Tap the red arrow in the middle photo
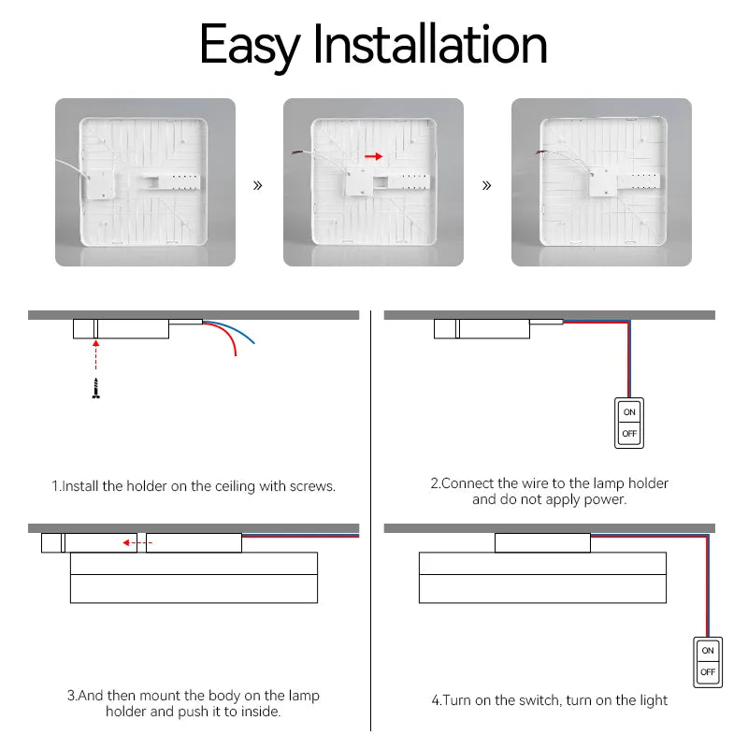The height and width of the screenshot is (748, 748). [x=373, y=157]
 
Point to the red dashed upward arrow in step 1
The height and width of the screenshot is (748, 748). [x=95, y=360]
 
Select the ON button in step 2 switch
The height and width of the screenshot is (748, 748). [x=629, y=411]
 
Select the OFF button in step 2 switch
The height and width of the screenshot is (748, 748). [x=629, y=434]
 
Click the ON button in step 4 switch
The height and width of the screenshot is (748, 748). [x=708, y=650]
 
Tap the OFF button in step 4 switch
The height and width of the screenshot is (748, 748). [x=708, y=671]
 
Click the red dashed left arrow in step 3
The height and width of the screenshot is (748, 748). [x=138, y=542]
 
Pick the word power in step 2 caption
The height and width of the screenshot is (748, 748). [x=604, y=499]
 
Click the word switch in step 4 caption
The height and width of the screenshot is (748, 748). [x=539, y=700]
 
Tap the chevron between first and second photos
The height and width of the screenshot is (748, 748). [x=258, y=185]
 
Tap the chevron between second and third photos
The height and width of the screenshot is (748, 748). [x=486, y=185]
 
